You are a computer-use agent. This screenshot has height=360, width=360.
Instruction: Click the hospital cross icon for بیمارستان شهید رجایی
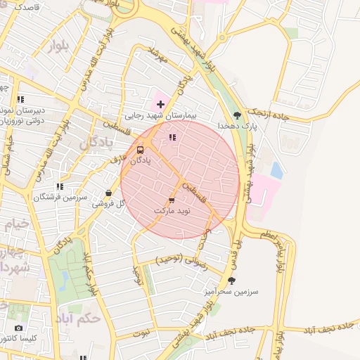[x=161, y=104]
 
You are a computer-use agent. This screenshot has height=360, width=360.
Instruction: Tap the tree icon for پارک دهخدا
[x=237, y=115]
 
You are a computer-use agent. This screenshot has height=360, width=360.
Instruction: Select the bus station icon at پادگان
[x=140, y=150]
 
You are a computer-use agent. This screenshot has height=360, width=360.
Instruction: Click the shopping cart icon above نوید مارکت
[x=172, y=200]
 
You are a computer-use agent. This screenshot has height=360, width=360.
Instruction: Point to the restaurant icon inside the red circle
[x=172, y=137]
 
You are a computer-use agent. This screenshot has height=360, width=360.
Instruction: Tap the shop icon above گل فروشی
[x=108, y=193]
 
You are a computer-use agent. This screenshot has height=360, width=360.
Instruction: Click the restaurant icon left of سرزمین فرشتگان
[x=60, y=186]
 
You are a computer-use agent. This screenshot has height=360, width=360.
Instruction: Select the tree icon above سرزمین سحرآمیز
[x=232, y=280]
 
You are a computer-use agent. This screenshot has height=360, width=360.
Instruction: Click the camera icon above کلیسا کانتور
[x=18, y=328]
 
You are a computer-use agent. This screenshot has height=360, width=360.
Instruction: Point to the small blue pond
[x=276, y=170]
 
